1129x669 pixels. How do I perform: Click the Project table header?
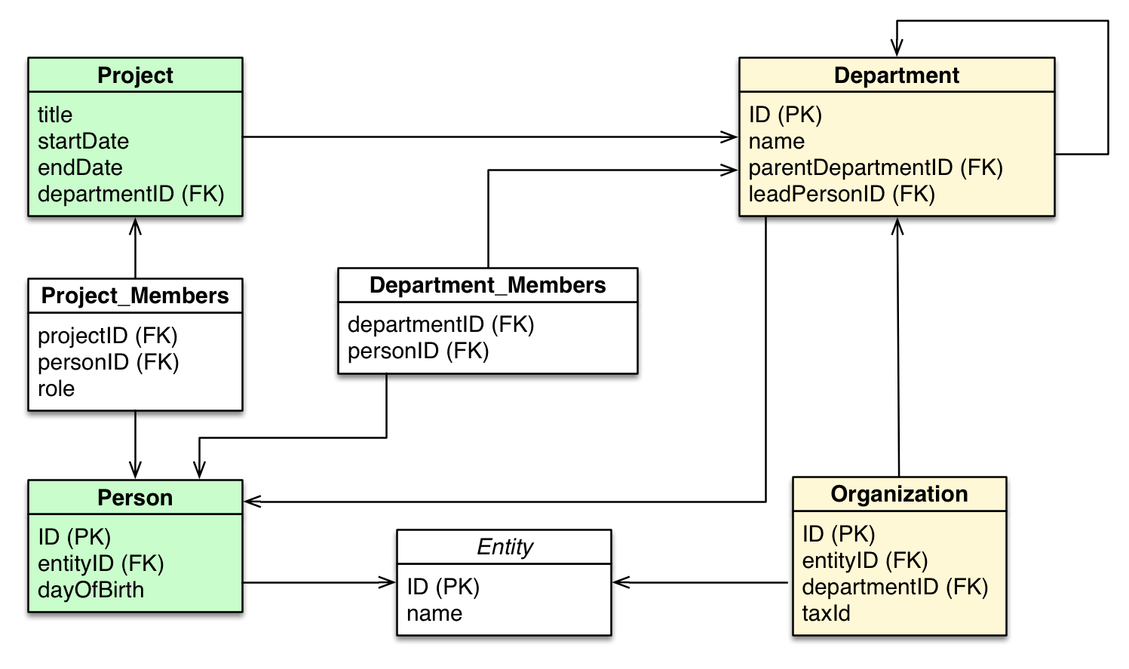click(135, 75)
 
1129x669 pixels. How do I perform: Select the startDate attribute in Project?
click(83, 141)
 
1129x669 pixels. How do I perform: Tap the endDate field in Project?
click(80, 167)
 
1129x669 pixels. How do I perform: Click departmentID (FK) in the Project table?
click(131, 194)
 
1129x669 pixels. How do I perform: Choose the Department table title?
click(896, 75)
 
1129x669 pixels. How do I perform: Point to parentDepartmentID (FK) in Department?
click(876, 167)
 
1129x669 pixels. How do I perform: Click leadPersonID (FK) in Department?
click(842, 194)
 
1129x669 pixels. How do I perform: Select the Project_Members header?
click(135, 296)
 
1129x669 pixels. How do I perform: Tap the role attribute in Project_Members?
click(57, 388)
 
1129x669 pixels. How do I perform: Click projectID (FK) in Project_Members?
click(108, 336)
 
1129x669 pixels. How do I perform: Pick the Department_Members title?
click(487, 285)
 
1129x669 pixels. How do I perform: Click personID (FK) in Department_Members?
click(419, 351)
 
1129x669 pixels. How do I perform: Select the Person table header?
click(135, 498)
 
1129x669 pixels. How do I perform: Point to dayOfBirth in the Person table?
click(91, 590)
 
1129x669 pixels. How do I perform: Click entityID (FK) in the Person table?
click(101, 563)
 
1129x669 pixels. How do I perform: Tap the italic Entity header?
click(505, 547)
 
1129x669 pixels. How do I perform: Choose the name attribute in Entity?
click(434, 613)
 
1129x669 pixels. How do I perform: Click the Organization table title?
click(899, 494)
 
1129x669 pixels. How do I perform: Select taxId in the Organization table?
click(826, 613)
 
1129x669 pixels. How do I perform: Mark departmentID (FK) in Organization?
click(895, 587)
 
